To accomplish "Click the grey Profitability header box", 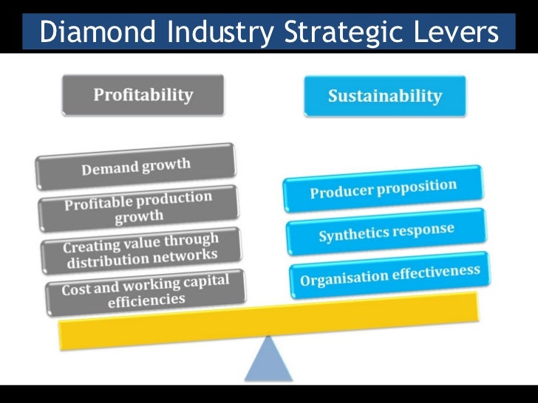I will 143,95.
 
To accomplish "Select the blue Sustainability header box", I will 384,96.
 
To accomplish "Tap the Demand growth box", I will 135,166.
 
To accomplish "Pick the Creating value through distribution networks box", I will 140,249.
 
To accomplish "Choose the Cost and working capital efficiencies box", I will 145,289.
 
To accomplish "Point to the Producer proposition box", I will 383,189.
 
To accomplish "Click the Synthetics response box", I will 386,232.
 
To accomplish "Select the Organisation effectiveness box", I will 389,275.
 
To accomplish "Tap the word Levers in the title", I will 449,31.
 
